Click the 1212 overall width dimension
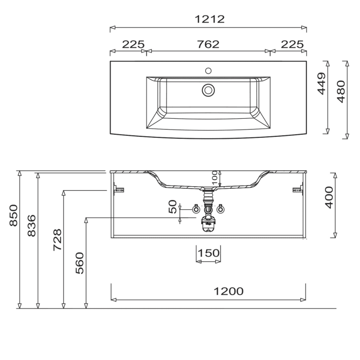click(x=210, y=20)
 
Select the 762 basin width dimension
click(x=208, y=44)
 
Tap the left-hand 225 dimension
click(x=133, y=44)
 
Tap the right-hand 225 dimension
click(x=292, y=44)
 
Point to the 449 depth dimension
click(x=321, y=83)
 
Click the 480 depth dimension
click(x=341, y=92)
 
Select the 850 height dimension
click(x=13, y=215)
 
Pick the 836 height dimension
click(x=32, y=225)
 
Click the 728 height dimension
click(x=58, y=240)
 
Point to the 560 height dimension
click(x=80, y=263)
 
